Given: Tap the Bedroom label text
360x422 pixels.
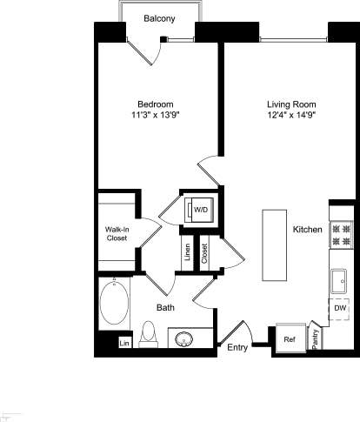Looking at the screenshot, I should [157, 103].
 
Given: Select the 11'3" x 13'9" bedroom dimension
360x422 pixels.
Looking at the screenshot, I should [157, 114].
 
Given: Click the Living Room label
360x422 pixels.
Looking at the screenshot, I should [290, 103].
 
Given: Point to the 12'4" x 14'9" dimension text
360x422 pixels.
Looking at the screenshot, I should [290, 114].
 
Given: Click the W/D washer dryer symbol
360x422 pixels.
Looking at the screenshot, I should [200, 210].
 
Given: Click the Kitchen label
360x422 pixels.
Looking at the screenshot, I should [308, 230].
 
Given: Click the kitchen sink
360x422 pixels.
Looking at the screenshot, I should [340, 281].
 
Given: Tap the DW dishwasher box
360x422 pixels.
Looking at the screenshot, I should [340, 309].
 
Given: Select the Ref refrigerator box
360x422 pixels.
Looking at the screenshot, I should [289, 340].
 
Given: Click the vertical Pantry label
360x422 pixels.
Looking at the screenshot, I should [315, 338].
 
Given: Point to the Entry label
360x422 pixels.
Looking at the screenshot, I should [237, 348].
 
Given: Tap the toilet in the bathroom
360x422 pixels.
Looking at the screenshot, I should [148, 333].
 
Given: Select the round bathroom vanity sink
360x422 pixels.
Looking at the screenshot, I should [185, 339].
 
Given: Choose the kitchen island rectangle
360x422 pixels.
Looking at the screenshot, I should [275, 244].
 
